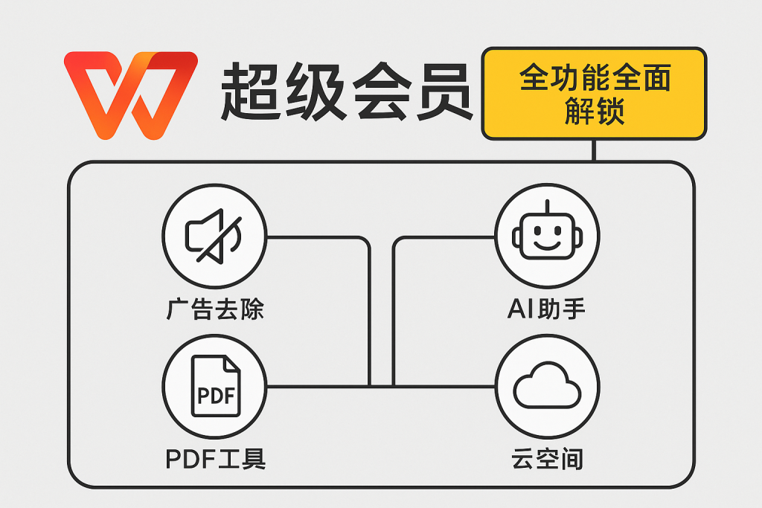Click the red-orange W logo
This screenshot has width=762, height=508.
[131, 95]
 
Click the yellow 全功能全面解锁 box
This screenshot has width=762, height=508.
[594, 93]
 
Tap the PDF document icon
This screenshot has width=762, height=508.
[216, 386]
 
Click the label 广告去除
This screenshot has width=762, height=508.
[215, 309]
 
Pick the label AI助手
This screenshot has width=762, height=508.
[547, 309]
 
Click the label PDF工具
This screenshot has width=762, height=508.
[216, 459]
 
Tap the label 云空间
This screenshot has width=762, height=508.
[547, 459]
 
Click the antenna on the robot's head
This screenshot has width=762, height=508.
[547, 207]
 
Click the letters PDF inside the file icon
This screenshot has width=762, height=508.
[217, 395]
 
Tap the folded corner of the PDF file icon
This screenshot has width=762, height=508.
[232, 364]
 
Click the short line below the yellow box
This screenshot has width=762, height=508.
[594, 150]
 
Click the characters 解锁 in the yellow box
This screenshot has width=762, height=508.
[595, 112]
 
